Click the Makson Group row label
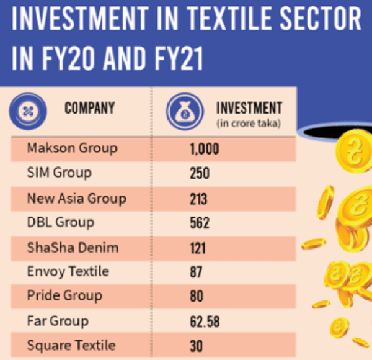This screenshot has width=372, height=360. [72, 149]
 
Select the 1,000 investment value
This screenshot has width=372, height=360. [205, 149]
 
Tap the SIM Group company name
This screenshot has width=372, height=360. [59, 173]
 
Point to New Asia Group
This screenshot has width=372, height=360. [76, 199]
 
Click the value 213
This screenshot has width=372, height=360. [199, 199]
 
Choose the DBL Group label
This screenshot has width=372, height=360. [61, 222]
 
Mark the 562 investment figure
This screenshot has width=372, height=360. [200, 223]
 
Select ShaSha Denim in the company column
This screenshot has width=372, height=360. [73, 248]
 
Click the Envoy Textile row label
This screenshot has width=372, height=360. [68, 271]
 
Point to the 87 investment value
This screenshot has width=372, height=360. [197, 272]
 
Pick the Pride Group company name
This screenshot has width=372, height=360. [64, 296]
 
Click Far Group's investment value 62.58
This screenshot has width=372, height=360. [205, 322]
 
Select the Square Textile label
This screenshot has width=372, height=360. [71, 345]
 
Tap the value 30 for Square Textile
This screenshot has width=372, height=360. [197, 346]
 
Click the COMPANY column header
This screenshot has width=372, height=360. [89, 109]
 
